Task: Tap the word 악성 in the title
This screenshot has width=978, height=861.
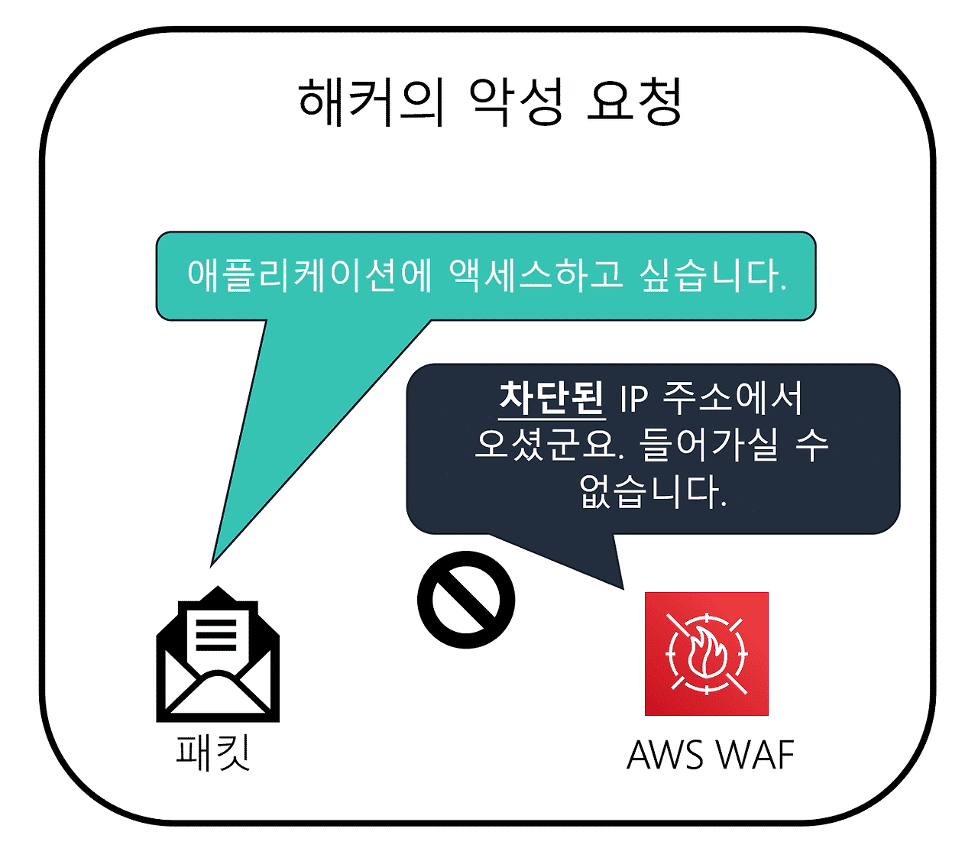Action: (516, 102)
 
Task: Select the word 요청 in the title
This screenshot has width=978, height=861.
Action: (633, 102)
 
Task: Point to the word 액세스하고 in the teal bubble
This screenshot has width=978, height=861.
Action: (536, 275)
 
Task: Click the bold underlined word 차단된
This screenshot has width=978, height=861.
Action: (552, 398)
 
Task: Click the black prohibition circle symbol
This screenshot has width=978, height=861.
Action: (466, 600)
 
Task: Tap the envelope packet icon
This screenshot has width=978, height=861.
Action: (218, 655)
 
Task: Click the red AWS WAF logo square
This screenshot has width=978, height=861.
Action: (706, 654)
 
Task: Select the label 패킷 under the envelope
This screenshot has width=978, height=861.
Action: (213, 752)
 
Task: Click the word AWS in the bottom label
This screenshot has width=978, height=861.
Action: (665, 755)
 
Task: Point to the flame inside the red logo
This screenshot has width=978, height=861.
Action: (706, 654)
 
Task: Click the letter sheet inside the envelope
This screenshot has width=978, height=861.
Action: (218, 634)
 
